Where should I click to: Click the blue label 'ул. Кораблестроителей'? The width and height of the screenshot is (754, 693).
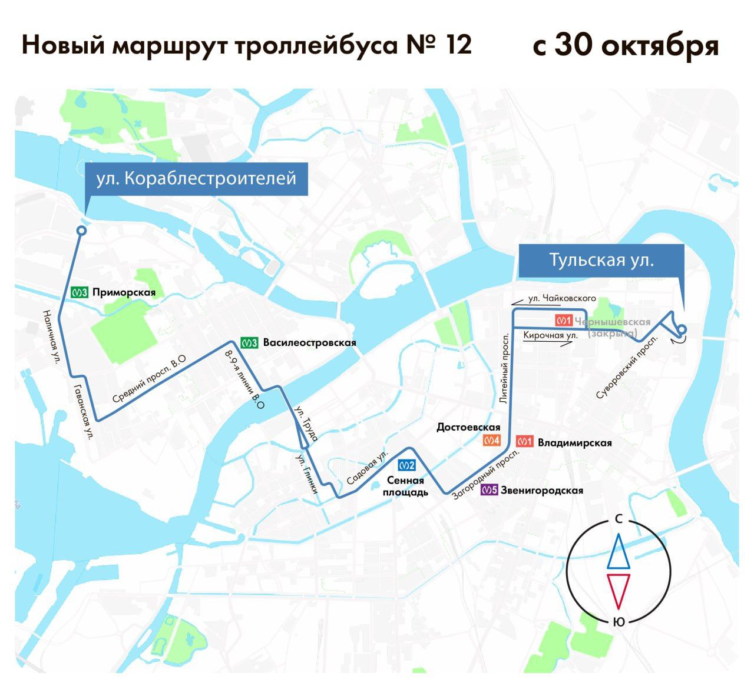[x=196, y=178]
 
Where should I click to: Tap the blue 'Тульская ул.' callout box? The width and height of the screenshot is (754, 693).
[x=601, y=260]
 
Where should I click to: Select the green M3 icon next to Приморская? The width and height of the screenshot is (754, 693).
[x=80, y=292]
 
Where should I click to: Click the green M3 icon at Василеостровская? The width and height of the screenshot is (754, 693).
[x=249, y=342]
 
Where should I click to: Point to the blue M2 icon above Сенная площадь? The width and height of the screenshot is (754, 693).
[x=407, y=465]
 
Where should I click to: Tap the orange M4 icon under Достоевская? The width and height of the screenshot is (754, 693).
[x=492, y=441]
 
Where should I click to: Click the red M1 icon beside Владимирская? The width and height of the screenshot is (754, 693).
[x=525, y=441]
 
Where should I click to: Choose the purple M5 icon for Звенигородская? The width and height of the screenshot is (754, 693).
[x=490, y=490]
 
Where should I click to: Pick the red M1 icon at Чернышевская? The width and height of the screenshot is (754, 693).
[x=564, y=321]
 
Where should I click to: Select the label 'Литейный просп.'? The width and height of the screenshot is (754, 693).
[x=504, y=368]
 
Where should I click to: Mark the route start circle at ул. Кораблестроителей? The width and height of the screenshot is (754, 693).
[x=82, y=231]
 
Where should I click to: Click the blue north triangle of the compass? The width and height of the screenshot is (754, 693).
[x=619, y=551]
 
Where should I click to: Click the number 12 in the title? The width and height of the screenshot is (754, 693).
[x=458, y=45]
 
